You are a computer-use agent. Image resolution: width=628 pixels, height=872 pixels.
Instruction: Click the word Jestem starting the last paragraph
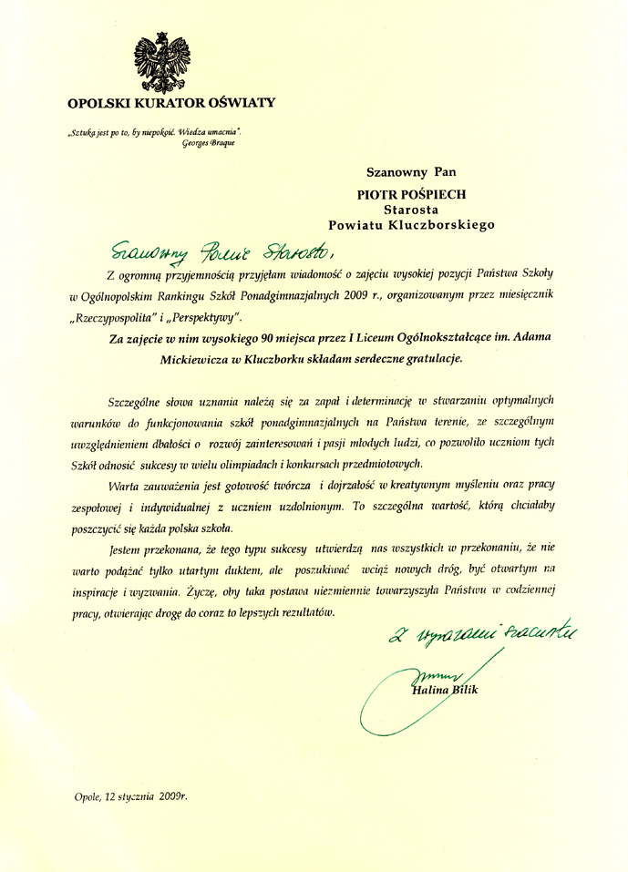coord(125,549)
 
